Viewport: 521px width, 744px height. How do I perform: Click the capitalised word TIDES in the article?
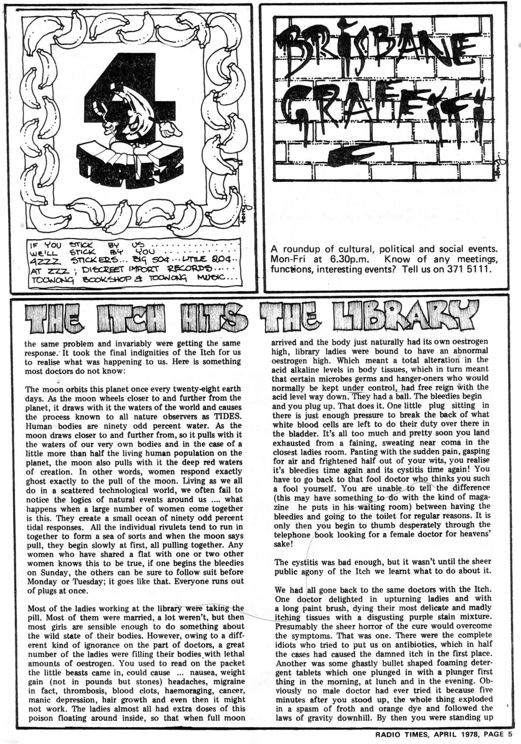point(227,416)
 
